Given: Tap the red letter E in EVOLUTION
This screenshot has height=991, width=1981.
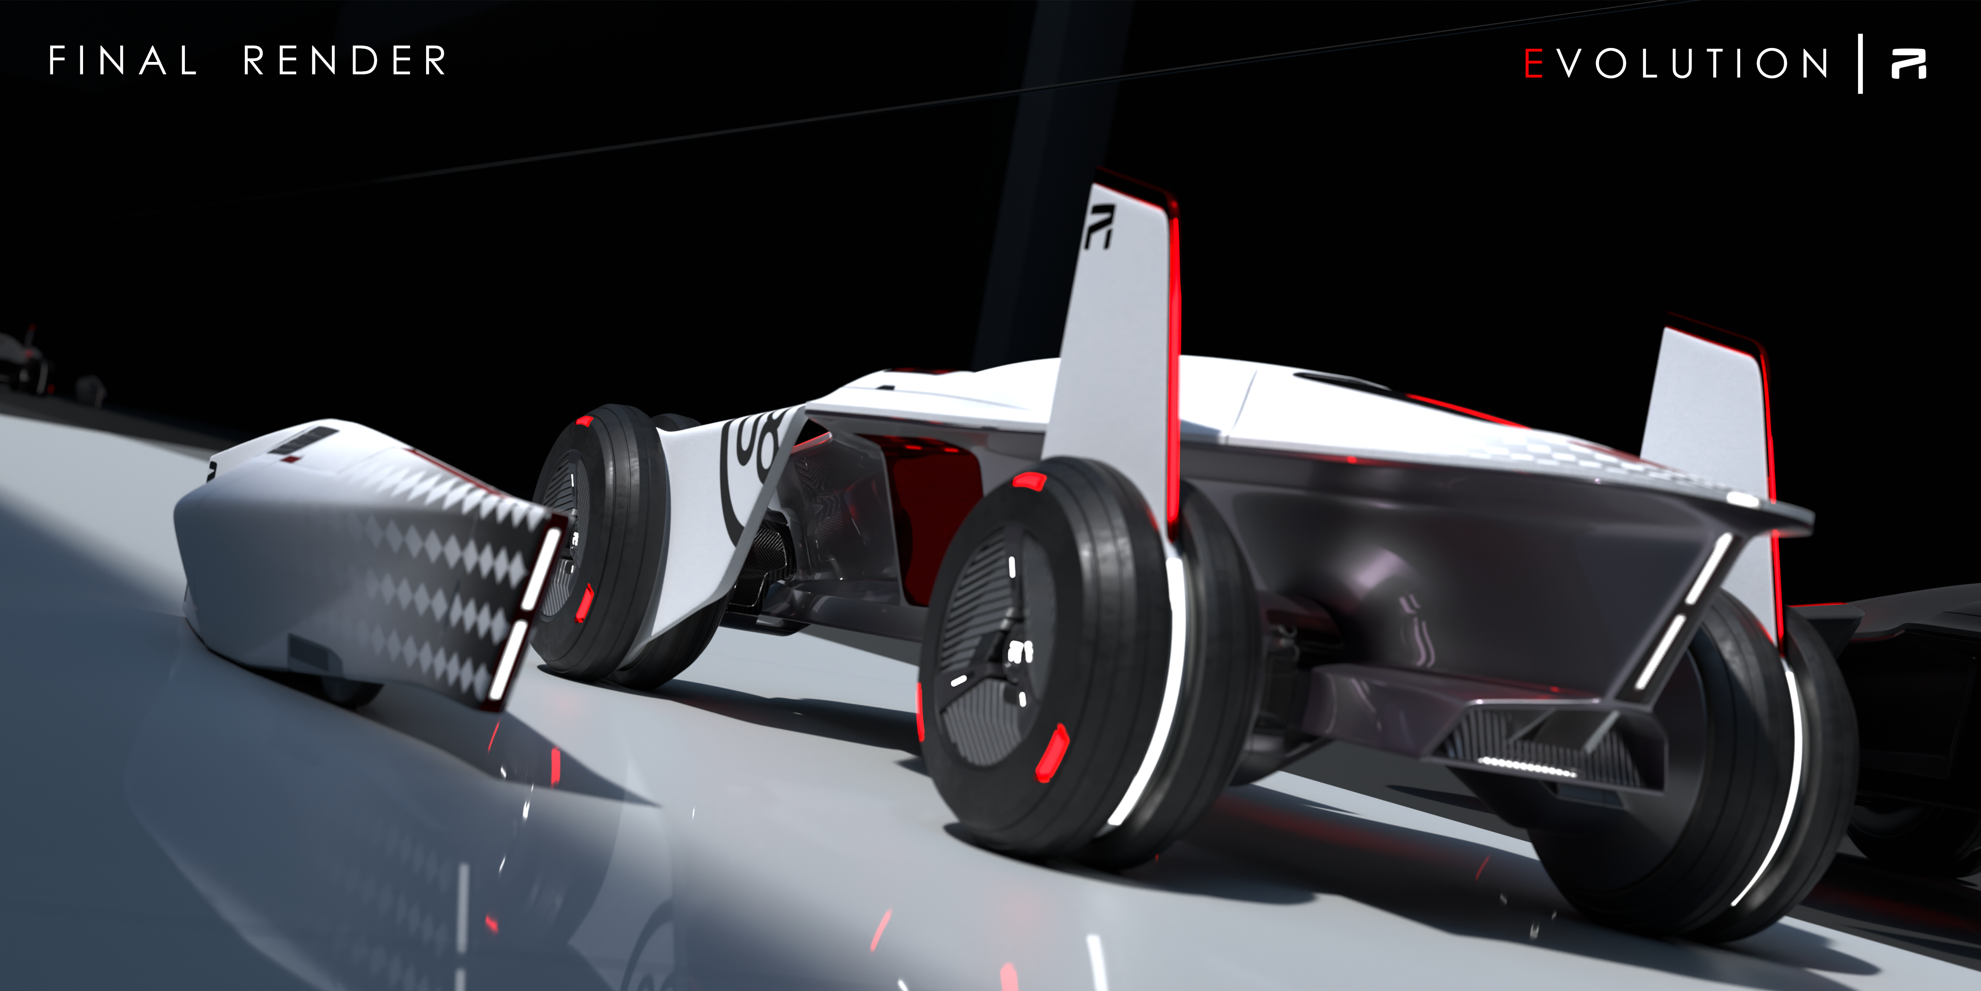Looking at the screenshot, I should click(x=1533, y=63).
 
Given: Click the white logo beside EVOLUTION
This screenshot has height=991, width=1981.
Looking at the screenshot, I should click(x=1909, y=63).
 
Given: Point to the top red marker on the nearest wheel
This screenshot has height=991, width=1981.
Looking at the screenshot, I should click(x=1029, y=481).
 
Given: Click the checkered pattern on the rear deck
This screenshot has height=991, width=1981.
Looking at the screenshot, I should click(x=1576, y=454).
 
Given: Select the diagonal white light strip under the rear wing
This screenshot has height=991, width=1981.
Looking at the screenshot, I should click(x=1684, y=608).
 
